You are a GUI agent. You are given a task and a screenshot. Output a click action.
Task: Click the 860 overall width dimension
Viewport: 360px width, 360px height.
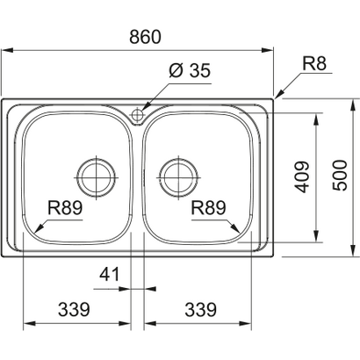pyautogui.click(x=143, y=38)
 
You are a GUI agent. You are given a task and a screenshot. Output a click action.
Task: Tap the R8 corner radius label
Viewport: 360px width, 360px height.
pyautogui.click(x=314, y=62)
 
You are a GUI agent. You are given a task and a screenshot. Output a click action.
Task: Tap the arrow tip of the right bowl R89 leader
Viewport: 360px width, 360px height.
pyautogui.click(x=239, y=233)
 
